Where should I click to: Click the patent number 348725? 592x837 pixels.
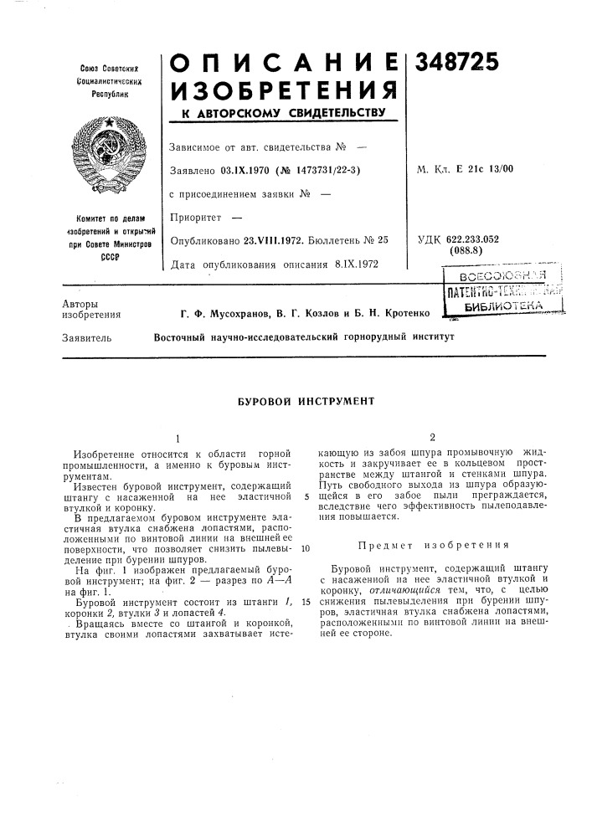tap(452, 60)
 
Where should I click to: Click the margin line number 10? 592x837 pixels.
tap(306, 549)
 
